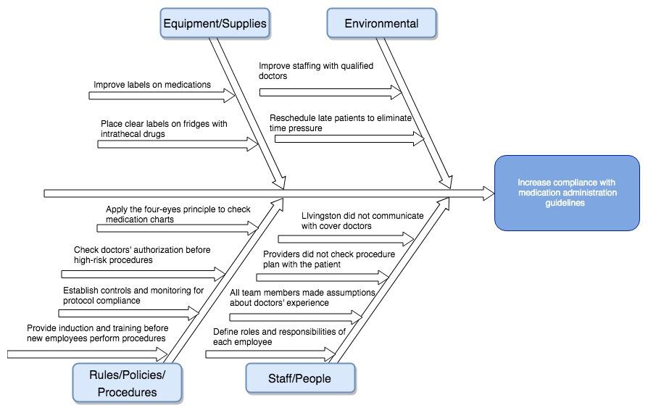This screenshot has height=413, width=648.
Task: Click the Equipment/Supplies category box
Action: [215, 23]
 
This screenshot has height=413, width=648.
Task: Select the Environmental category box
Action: [381, 23]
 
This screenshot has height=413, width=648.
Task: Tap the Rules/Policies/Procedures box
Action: [127, 383]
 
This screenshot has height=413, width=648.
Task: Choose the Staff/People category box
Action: [300, 378]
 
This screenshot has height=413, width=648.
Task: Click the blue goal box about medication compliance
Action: [567, 193]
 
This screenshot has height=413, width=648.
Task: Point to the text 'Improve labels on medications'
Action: [152, 85]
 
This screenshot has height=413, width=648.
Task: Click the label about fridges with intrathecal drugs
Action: [164, 129]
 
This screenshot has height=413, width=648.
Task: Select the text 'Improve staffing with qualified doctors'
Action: [316, 71]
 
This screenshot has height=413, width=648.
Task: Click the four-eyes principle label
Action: [178, 214]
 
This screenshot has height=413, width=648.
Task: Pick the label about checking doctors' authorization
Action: [142, 255]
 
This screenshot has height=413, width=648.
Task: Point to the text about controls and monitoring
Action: [133, 296]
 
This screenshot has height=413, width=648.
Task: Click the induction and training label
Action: [96, 333]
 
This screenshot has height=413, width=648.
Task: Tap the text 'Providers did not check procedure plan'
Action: [328, 259]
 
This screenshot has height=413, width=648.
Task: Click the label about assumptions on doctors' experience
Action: [302, 298]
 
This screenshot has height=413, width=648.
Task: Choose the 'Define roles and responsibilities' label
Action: [279, 336]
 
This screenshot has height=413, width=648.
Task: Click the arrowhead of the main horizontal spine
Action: [489, 193]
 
